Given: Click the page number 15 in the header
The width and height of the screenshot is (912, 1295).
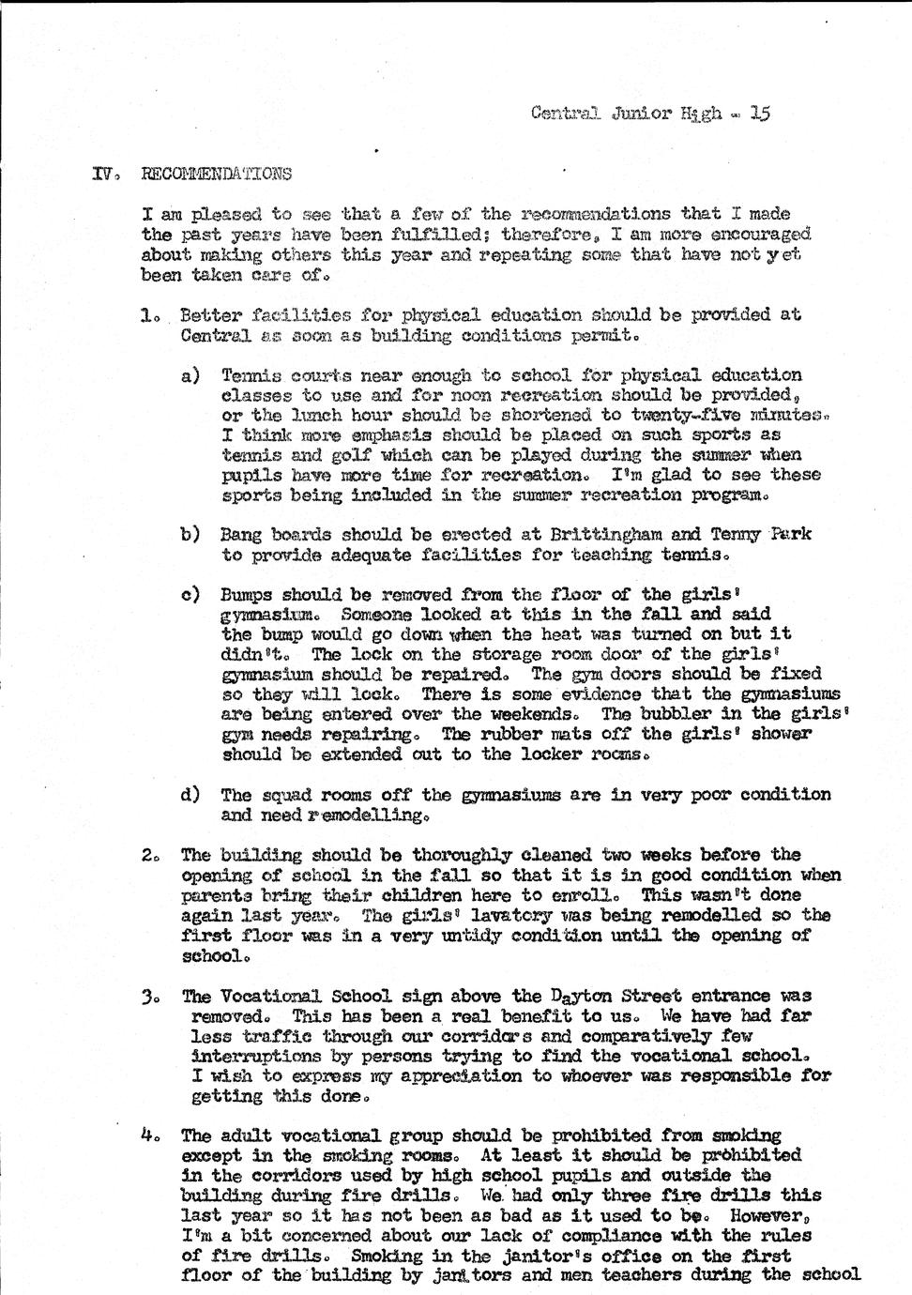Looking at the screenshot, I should pyautogui.click(x=760, y=114).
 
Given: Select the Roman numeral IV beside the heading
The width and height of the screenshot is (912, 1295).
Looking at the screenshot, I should pyautogui.click(x=102, y=174).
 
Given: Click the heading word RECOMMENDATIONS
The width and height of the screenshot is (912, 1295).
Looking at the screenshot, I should pyautogui.click(x=216, y=174).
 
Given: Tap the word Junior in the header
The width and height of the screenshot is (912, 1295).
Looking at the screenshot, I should pyautogui.click(x=642, y=114).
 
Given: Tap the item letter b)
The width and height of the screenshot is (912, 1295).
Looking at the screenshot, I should pyautogui.click(x=190, y=535).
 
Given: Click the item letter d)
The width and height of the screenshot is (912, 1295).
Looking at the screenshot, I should pyautogui.click(x=190, y=795).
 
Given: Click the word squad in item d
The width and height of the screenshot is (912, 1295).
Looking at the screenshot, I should pyautogui.click(x=285, y=795).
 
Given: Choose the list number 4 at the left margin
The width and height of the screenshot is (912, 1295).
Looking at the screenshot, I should pyautogui.click(x=148, y=1135).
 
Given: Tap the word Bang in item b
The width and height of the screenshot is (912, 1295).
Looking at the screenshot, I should pyautogui.click(x=241, y=535).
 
